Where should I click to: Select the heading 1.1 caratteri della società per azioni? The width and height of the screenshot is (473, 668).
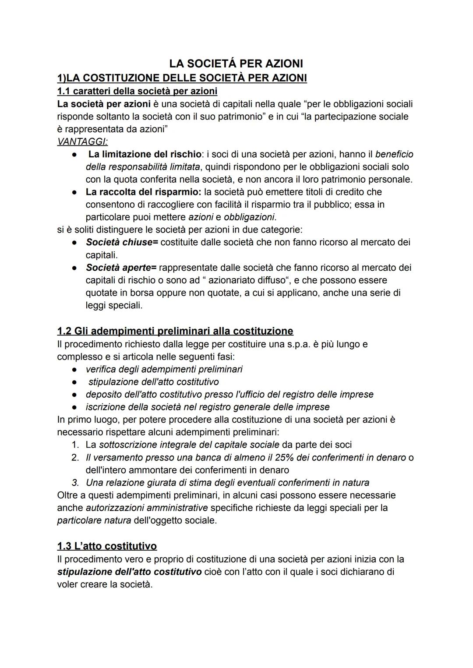[x=137, y=91]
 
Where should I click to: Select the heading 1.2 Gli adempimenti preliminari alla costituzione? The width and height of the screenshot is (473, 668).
[x=175, y=331]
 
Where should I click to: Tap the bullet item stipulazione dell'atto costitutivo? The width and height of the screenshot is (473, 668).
[x=153, y=382]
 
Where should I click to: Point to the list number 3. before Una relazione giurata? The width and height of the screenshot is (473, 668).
[x=75, y=483]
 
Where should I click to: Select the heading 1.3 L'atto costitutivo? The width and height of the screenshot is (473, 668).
[x=107, y=546]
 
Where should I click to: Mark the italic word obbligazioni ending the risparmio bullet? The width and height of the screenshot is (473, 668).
[x=249, y=217]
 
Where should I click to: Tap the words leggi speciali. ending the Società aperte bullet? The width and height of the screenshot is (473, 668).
[x=114, y=305]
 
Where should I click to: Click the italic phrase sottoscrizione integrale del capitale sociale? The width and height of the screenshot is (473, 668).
[x=189, y=445]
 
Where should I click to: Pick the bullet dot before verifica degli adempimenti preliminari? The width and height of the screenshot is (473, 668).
[x=75, y=370]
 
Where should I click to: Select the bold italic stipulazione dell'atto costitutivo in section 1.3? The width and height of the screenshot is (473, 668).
[x=129, y=572]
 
